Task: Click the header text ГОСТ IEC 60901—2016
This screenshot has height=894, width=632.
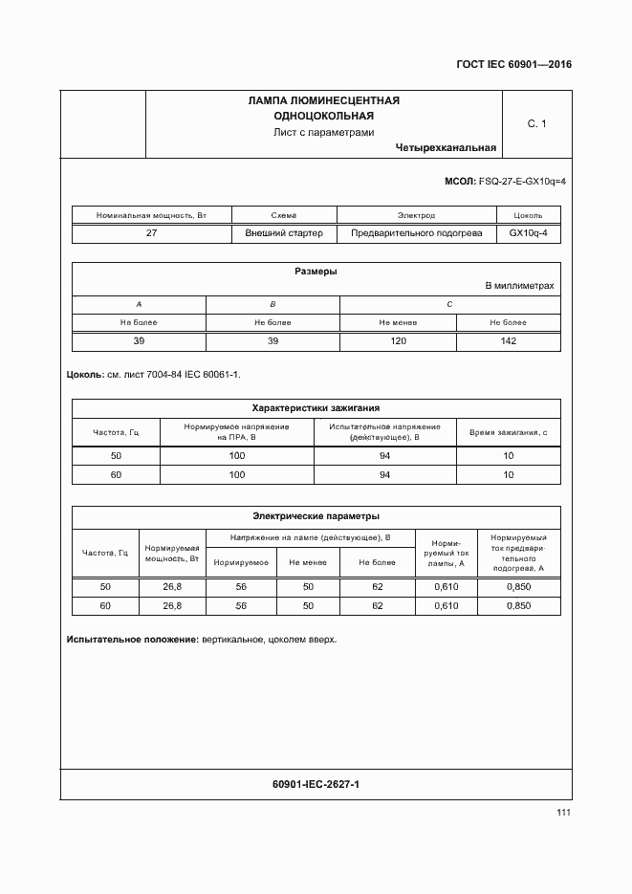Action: [x=514, y=65]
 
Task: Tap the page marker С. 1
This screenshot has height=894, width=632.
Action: [x=536, y=123]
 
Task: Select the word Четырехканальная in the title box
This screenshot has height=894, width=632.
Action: [x=445, y=147]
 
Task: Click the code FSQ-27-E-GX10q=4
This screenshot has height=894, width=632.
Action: [x=522, y=181]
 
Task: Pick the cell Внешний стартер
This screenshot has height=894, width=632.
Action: [x=284, y=232]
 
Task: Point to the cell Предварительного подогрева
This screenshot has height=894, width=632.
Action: [x=416, y=232]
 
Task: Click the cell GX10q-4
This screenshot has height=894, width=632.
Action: [x=528, y=232]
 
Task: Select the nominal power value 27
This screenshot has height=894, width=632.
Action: [x=151, y=232]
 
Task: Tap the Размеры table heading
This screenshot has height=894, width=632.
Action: [x=316, y=272]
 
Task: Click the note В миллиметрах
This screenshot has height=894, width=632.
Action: [x=519, y=286]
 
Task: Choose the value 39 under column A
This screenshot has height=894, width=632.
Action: [x=139, y=341]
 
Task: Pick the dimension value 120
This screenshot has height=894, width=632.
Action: [x=398, y=341]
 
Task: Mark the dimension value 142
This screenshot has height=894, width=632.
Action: [x=509, y=341]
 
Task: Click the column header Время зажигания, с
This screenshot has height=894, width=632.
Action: [x=509, y=432]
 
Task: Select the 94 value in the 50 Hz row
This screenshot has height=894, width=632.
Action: [x=385, y=456]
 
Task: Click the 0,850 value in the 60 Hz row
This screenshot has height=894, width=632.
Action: [x=518, y=606]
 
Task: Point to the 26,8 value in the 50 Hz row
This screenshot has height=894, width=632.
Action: [x=172, y=586]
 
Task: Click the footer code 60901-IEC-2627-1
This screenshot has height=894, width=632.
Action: [x=316, y=784]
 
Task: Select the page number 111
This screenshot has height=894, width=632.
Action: [x=563, y=813]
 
